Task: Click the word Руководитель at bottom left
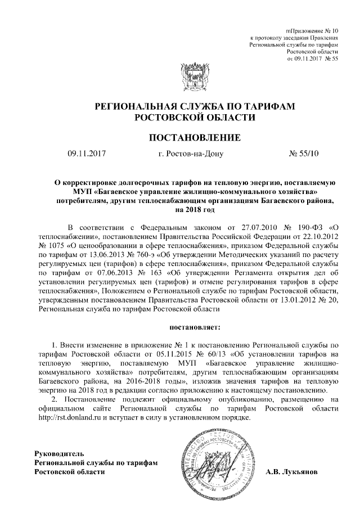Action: (x=59, y=453)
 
